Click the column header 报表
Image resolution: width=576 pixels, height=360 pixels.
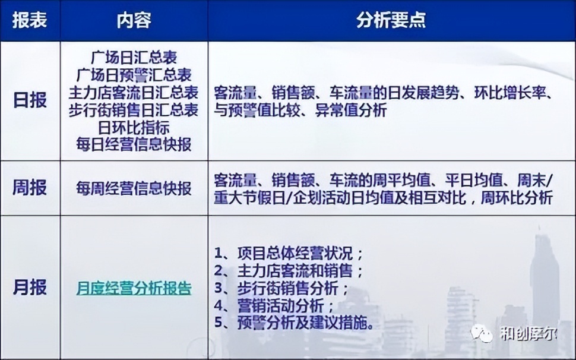click(x=30, y=20)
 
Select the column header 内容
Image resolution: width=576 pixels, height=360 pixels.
click(x=134, y=20)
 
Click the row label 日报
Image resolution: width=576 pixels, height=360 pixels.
click(x=30, y=100)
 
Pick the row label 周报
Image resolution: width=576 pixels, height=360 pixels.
click(x=30, y=188)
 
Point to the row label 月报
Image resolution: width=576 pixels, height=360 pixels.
click(x=30, y=288)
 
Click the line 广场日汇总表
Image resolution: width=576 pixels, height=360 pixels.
click(x=134, y=58)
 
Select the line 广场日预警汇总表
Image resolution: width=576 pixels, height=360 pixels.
click(x=134, y=75)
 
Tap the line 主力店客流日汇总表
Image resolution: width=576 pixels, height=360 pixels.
click(x=134, y=93)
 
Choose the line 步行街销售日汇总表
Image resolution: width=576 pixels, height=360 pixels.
click(x=134, y=110)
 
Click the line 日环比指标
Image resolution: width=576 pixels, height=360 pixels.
click(x=134, y=127)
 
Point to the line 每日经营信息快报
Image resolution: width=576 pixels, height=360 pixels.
click(x=134, y=143)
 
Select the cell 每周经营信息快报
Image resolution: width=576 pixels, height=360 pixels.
click(x=134, y=189)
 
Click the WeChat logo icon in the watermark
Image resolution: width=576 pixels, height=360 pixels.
click(x=482, y=333)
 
